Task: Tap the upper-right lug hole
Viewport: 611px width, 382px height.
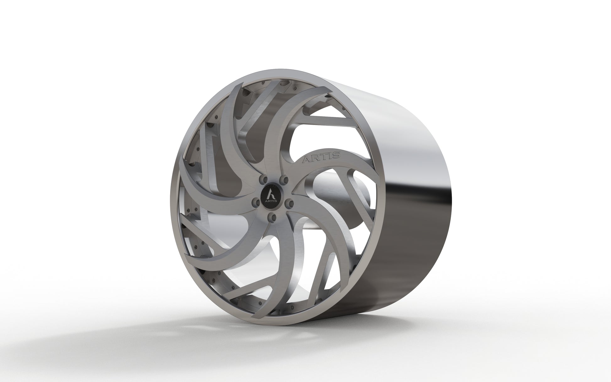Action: pyautogui.click(x=284, y=179)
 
